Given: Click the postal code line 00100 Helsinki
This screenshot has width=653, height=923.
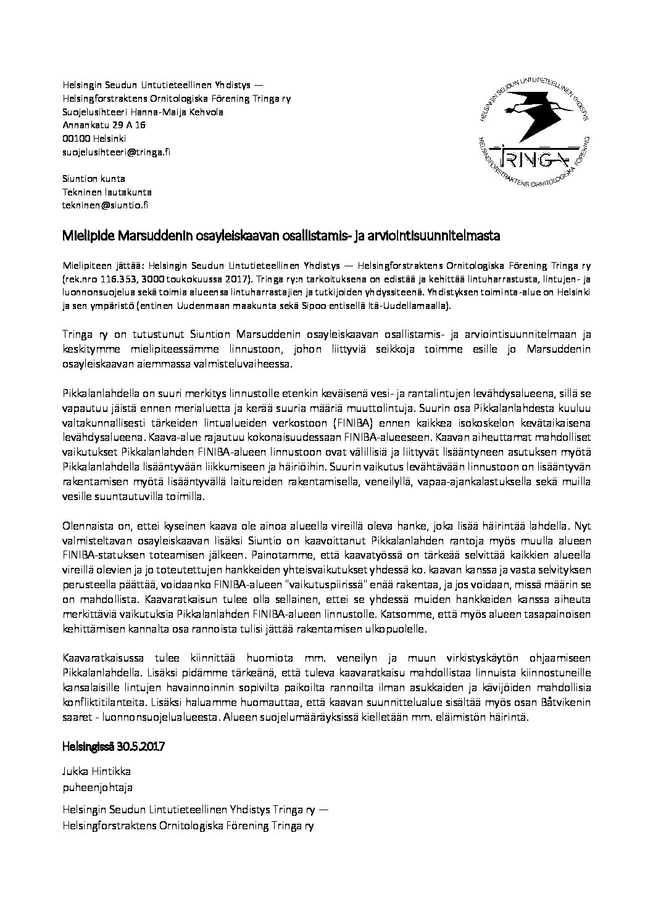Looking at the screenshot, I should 94,139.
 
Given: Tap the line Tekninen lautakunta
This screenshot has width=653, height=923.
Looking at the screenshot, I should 107,192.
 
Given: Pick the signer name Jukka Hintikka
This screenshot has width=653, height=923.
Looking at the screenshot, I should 96,771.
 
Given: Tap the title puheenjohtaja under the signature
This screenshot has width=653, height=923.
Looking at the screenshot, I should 97,787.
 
